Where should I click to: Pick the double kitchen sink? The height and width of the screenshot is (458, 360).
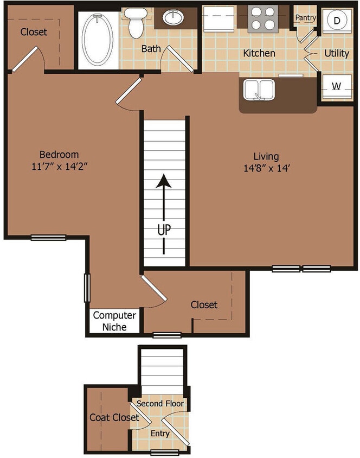pos(257,90)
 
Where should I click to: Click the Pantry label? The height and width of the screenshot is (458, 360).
pos(305,18)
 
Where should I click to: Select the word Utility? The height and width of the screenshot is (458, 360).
pos(336,53)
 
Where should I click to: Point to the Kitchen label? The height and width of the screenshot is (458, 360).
pos(259,53)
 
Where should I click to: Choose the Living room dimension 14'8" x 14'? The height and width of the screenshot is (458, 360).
pos(269,168)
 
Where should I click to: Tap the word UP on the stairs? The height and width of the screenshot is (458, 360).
pos(164,230)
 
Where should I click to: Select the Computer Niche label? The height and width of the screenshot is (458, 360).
pos(114,321)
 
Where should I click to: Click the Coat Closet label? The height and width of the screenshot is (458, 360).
pos(114,417)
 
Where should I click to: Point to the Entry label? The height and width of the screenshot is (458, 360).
pos(160,433)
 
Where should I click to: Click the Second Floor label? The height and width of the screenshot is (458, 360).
pos(160,404)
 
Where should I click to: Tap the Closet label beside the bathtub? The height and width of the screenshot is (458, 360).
pos(34,32)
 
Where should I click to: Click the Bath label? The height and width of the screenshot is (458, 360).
pos(151,49)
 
